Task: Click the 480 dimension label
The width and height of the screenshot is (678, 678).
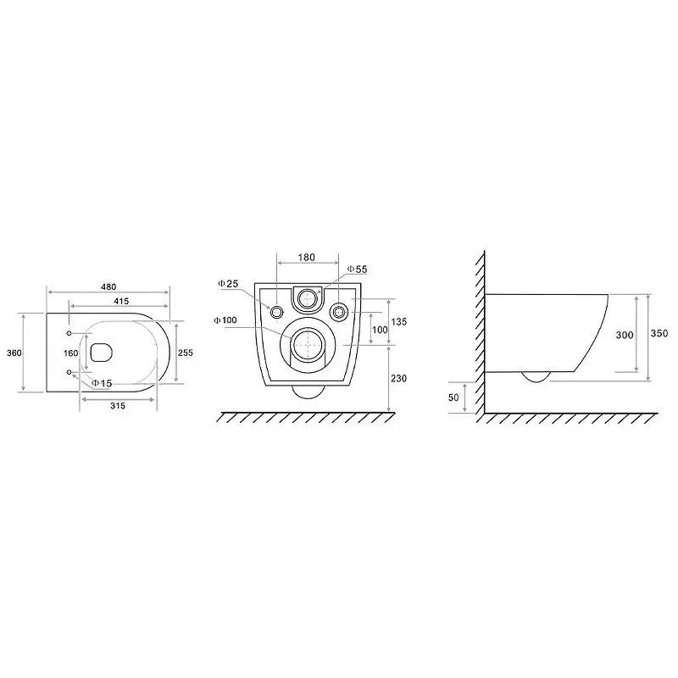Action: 108,286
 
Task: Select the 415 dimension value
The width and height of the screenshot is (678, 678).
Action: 121,301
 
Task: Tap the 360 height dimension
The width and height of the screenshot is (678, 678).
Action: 14,353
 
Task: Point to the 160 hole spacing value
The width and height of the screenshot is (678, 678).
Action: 71,353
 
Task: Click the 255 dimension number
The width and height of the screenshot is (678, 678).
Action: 186,353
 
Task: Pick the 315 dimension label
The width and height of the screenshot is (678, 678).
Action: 118,406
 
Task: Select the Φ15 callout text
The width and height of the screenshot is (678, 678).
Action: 102,383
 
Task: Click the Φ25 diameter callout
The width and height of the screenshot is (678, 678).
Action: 228,284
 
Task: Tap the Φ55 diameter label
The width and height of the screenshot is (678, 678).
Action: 358,269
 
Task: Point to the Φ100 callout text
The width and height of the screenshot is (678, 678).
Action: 225,320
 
